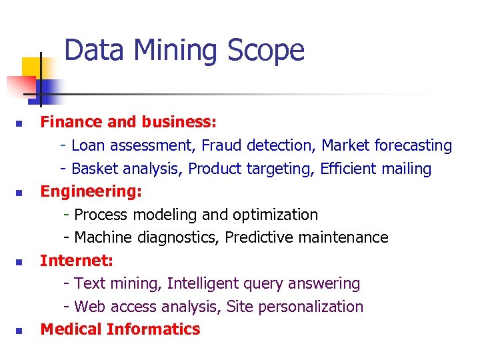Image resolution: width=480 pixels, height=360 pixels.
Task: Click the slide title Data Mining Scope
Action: [x=184, y=51]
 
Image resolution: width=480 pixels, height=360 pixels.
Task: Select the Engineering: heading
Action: [x=91, y=192]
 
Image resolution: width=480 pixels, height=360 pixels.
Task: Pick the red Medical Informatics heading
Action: [x=120, y=329]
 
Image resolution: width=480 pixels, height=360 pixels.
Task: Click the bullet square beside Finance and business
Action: [x=20, y=124]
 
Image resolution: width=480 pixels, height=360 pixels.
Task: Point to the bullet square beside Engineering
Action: [x=20, y=193]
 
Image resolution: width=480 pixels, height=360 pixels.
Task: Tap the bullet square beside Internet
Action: [x=20, y=262]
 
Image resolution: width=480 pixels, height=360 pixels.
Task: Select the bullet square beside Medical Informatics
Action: [x=20, y=331]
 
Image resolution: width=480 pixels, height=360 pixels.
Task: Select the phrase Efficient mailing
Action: [x=375, y=169]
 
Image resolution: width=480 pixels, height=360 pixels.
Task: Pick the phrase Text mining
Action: [x=117, y=284]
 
